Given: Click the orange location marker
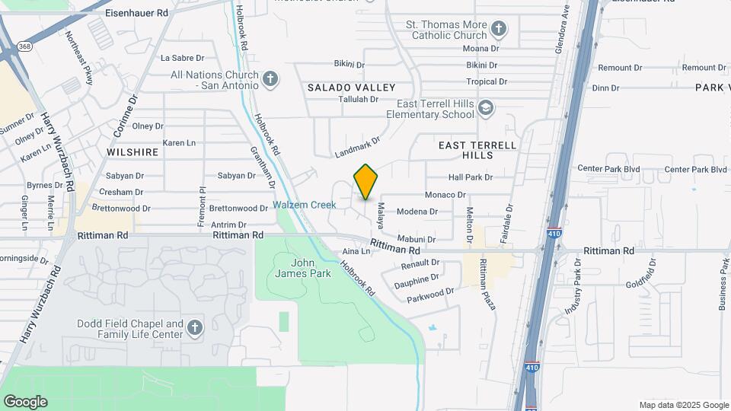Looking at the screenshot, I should point(365,182).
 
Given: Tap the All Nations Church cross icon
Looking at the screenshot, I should point(270,79).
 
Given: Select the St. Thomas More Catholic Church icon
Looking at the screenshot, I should point(499,30).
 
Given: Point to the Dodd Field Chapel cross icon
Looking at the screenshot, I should point(195,328).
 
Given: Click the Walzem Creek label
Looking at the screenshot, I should point(305,205).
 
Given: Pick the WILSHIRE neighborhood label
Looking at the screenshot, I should point(132,152).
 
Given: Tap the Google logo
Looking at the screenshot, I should point(25,401).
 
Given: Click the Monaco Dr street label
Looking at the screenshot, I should point(445,195).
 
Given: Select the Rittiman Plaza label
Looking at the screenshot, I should point(487,284).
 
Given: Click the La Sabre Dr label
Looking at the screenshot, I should point(183,58).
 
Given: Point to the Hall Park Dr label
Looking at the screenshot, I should point(471,177).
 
